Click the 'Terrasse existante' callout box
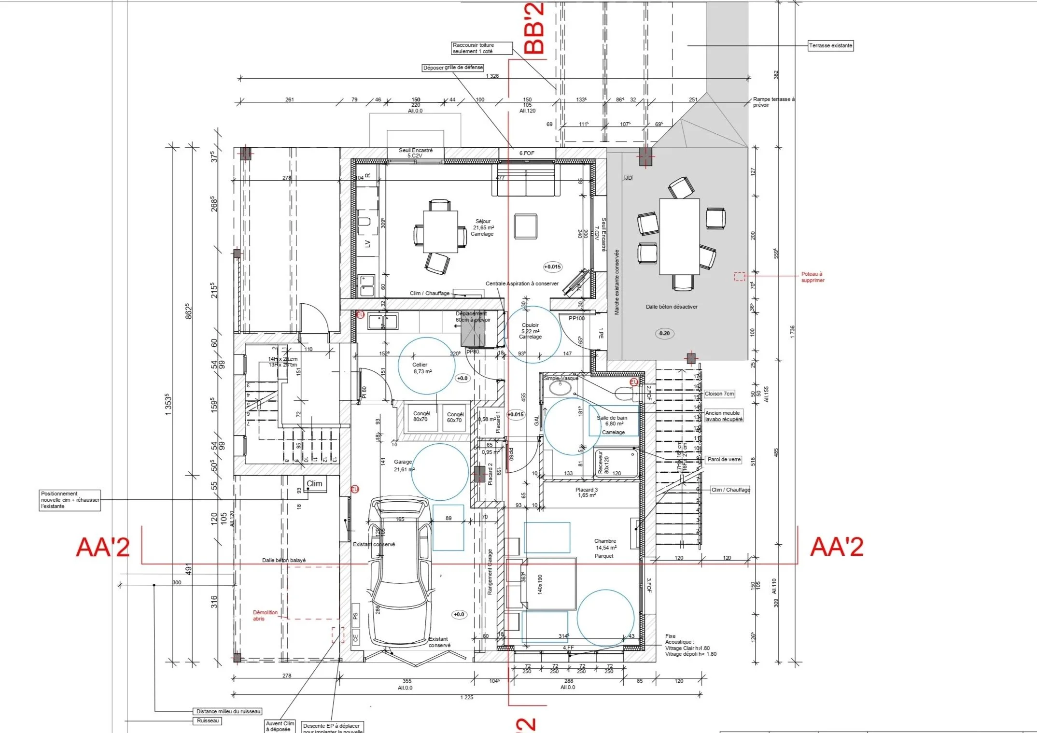coord(830,45)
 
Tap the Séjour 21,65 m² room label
coord(483,227)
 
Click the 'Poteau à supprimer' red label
coord(813,277)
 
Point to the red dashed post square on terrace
coord(739,277)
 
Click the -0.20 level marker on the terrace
coord(664,333)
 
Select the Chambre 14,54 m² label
coord(605,548)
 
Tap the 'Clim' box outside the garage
coord(314,483)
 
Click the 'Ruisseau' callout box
coord(208,720)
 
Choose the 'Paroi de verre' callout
coord(724,459)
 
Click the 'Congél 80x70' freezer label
coord(421,416)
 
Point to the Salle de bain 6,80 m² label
coord(612,424)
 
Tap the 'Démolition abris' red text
coord(265,615)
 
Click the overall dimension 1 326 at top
coord(492,76)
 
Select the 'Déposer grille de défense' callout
coord(452,68)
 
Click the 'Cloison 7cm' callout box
coord(719,394)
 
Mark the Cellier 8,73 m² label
coord(421,368)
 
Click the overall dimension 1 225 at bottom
coord(466,697)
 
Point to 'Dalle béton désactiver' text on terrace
coord(672,307)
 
